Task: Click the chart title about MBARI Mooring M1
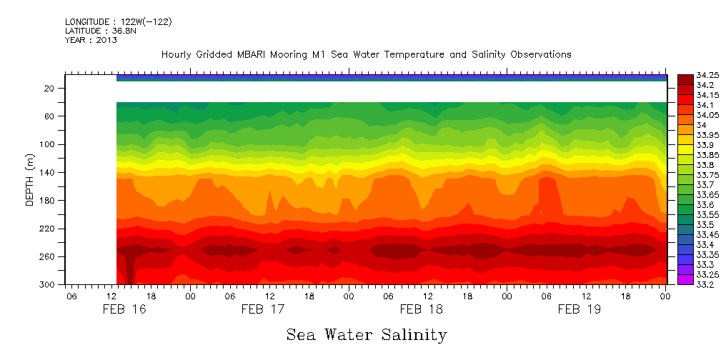366,54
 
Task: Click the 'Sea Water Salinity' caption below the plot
367,334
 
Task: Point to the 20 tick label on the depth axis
50,89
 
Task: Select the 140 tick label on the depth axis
48,173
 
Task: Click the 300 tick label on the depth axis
48,285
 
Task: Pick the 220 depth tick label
48,229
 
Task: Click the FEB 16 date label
125,309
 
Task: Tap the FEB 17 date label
263,309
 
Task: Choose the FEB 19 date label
579,309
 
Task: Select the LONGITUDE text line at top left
118,21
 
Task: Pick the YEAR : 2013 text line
91,40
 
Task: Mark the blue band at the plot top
392,78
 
